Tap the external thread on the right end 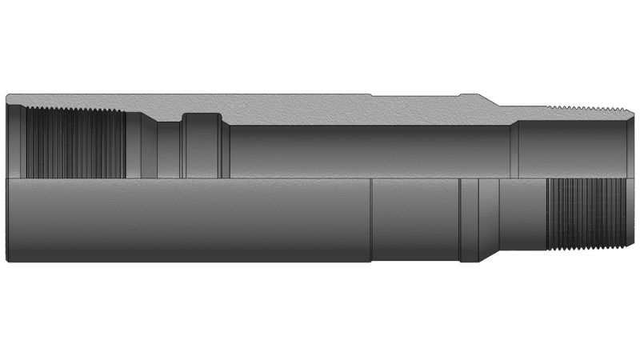coord(586,216)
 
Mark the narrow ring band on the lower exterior coord(470,220)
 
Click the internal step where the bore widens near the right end coord(514,148)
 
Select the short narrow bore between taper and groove coord(167,149)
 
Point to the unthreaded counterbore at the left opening coord(16,144)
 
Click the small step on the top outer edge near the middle coord(373,97)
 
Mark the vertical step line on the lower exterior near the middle coord(372,220)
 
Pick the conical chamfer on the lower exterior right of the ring coord(490,220)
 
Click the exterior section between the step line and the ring coord(416,220)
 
